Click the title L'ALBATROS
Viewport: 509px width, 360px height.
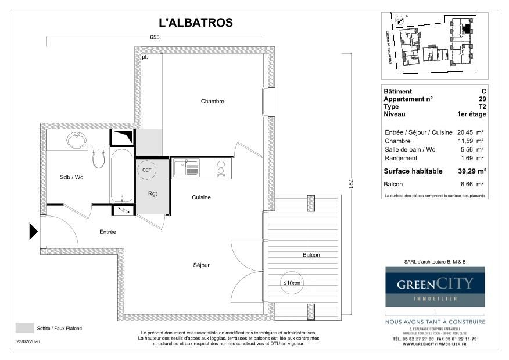196,23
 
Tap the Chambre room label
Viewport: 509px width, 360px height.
212,102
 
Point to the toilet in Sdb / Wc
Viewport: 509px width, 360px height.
98,157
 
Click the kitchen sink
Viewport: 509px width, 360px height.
185,168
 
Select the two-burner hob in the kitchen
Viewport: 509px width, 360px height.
221,168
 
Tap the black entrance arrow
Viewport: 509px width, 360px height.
34,232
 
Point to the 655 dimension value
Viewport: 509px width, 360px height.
155,37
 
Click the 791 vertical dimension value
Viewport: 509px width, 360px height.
350,183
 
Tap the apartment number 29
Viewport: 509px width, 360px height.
483,99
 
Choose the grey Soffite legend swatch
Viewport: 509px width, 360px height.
24,328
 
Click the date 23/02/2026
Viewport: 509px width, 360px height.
28,342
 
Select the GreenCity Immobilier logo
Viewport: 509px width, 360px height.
435,286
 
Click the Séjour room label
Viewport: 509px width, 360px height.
201,265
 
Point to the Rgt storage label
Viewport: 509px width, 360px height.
152,193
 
